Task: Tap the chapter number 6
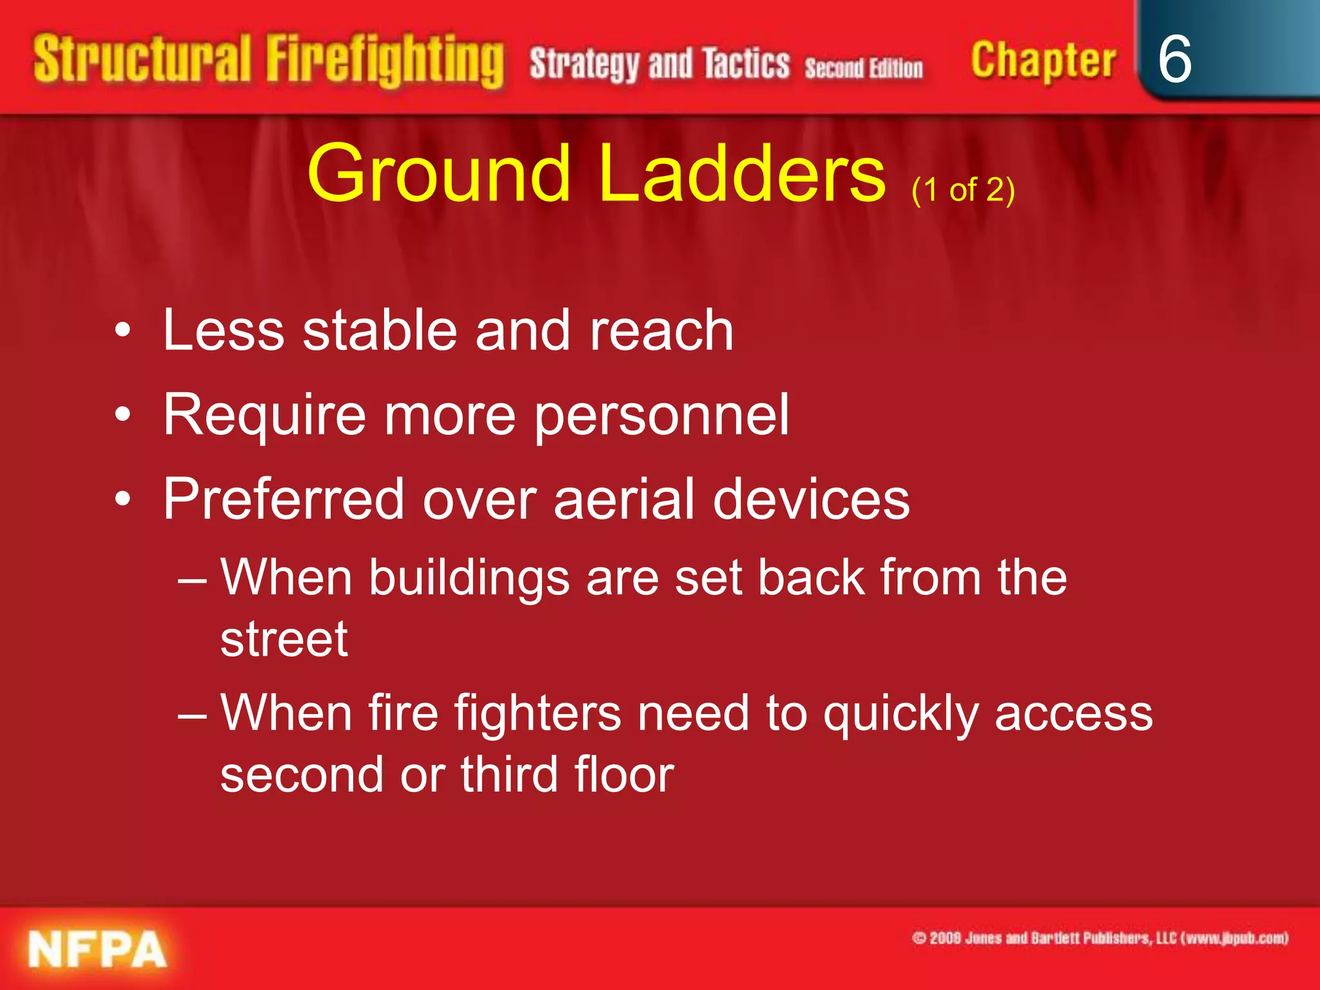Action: tap(1174, 59)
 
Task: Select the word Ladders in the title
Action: tap(742, 174)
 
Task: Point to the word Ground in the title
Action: tap(439, 174)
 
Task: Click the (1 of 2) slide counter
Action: tap(963, 190)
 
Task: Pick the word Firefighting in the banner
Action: tap(385, 61)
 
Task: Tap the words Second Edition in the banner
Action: tap(864, 68)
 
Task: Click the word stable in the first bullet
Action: tap(380, 330)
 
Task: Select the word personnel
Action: tap(662, 416)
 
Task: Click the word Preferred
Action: tap(284, 500)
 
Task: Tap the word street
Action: tap(284, 639)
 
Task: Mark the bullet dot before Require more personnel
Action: tap(123, 415)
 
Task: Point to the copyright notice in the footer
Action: tap(1100, 938)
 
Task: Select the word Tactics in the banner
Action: tap(746, 64)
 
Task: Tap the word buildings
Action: tap(469, 578)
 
